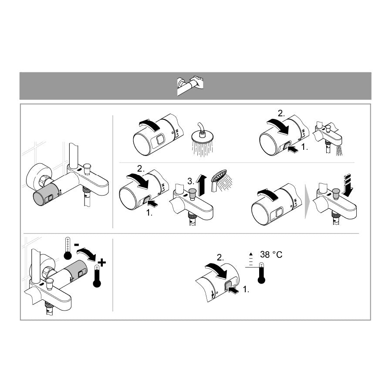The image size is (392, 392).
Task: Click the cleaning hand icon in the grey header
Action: (190, 85)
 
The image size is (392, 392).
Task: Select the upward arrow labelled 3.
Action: (202, 185)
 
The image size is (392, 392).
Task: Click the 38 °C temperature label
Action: (271, 254)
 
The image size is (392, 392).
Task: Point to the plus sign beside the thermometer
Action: (102, 263)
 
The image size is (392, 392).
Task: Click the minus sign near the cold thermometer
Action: (77, 244)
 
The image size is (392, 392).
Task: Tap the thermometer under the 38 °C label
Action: (261, 273)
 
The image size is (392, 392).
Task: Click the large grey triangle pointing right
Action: (307, 201)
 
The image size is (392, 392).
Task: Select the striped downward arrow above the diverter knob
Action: (348, 185)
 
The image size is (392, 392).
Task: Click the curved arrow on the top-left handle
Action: (150, 124)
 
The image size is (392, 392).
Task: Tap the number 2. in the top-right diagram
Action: (281, 114)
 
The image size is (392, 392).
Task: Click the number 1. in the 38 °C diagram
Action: (246, 289)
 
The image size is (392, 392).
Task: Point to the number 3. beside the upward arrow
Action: (190, 181)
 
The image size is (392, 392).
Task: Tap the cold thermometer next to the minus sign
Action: (68, 248)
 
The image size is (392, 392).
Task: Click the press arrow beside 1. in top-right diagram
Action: (293, 149)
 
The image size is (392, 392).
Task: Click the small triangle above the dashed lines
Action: (251, 254)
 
